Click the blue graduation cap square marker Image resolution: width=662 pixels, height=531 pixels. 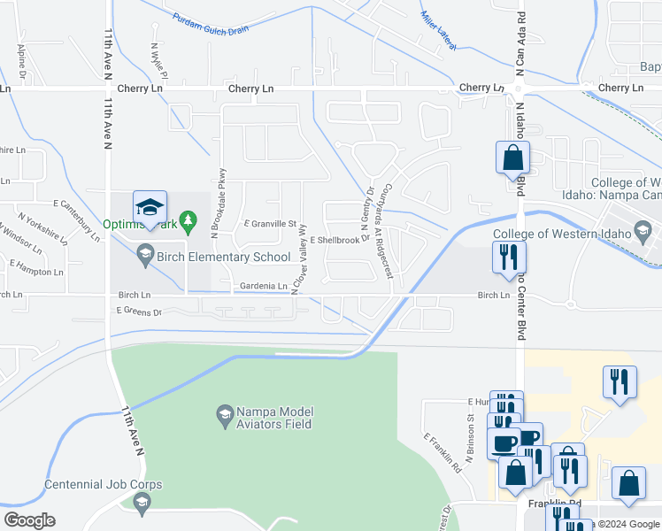click(150, 208)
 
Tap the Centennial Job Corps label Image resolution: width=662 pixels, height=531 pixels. click(104, 485)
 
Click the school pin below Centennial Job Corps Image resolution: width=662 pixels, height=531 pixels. click(141, 503)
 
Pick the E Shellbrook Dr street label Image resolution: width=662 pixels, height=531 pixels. click(339, 239)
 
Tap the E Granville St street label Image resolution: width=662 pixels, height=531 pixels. click(269, 224)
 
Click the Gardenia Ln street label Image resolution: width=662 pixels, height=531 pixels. click(264, 286)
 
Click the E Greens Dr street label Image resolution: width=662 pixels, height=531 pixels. click(139, 312)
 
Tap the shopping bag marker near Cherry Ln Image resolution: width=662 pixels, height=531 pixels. click(512, 158)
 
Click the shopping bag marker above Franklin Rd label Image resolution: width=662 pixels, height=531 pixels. click(628, 484)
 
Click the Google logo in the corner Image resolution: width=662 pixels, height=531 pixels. click(29, 520)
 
